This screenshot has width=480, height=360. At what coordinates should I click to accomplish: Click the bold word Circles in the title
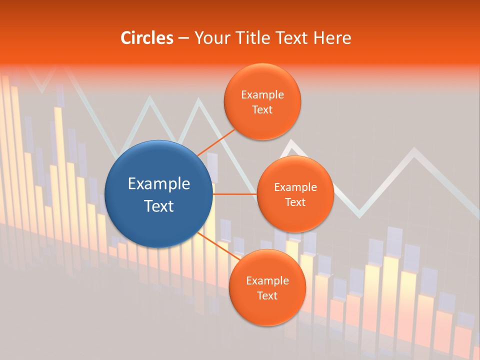(147, 38)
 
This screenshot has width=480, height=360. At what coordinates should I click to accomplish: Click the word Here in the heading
(332, 38)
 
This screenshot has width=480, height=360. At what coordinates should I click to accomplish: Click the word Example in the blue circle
(159, 183)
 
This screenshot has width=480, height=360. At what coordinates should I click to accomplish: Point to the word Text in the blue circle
(159, 205)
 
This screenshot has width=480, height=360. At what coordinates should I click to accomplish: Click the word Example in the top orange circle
(262, 94)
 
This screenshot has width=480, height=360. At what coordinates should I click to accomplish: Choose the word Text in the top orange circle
(262, 109)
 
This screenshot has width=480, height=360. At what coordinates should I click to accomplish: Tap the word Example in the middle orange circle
(295, 187)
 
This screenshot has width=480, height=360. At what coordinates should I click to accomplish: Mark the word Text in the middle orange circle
(295, 202)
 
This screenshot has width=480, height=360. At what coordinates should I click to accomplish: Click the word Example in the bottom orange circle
(267, 280)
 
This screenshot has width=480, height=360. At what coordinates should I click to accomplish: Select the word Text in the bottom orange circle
(267, 295)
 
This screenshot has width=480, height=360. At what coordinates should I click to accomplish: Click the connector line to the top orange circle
(216, 142)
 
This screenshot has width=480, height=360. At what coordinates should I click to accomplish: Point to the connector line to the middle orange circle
(235, 193)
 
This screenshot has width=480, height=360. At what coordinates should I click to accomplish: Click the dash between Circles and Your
(183, 38)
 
